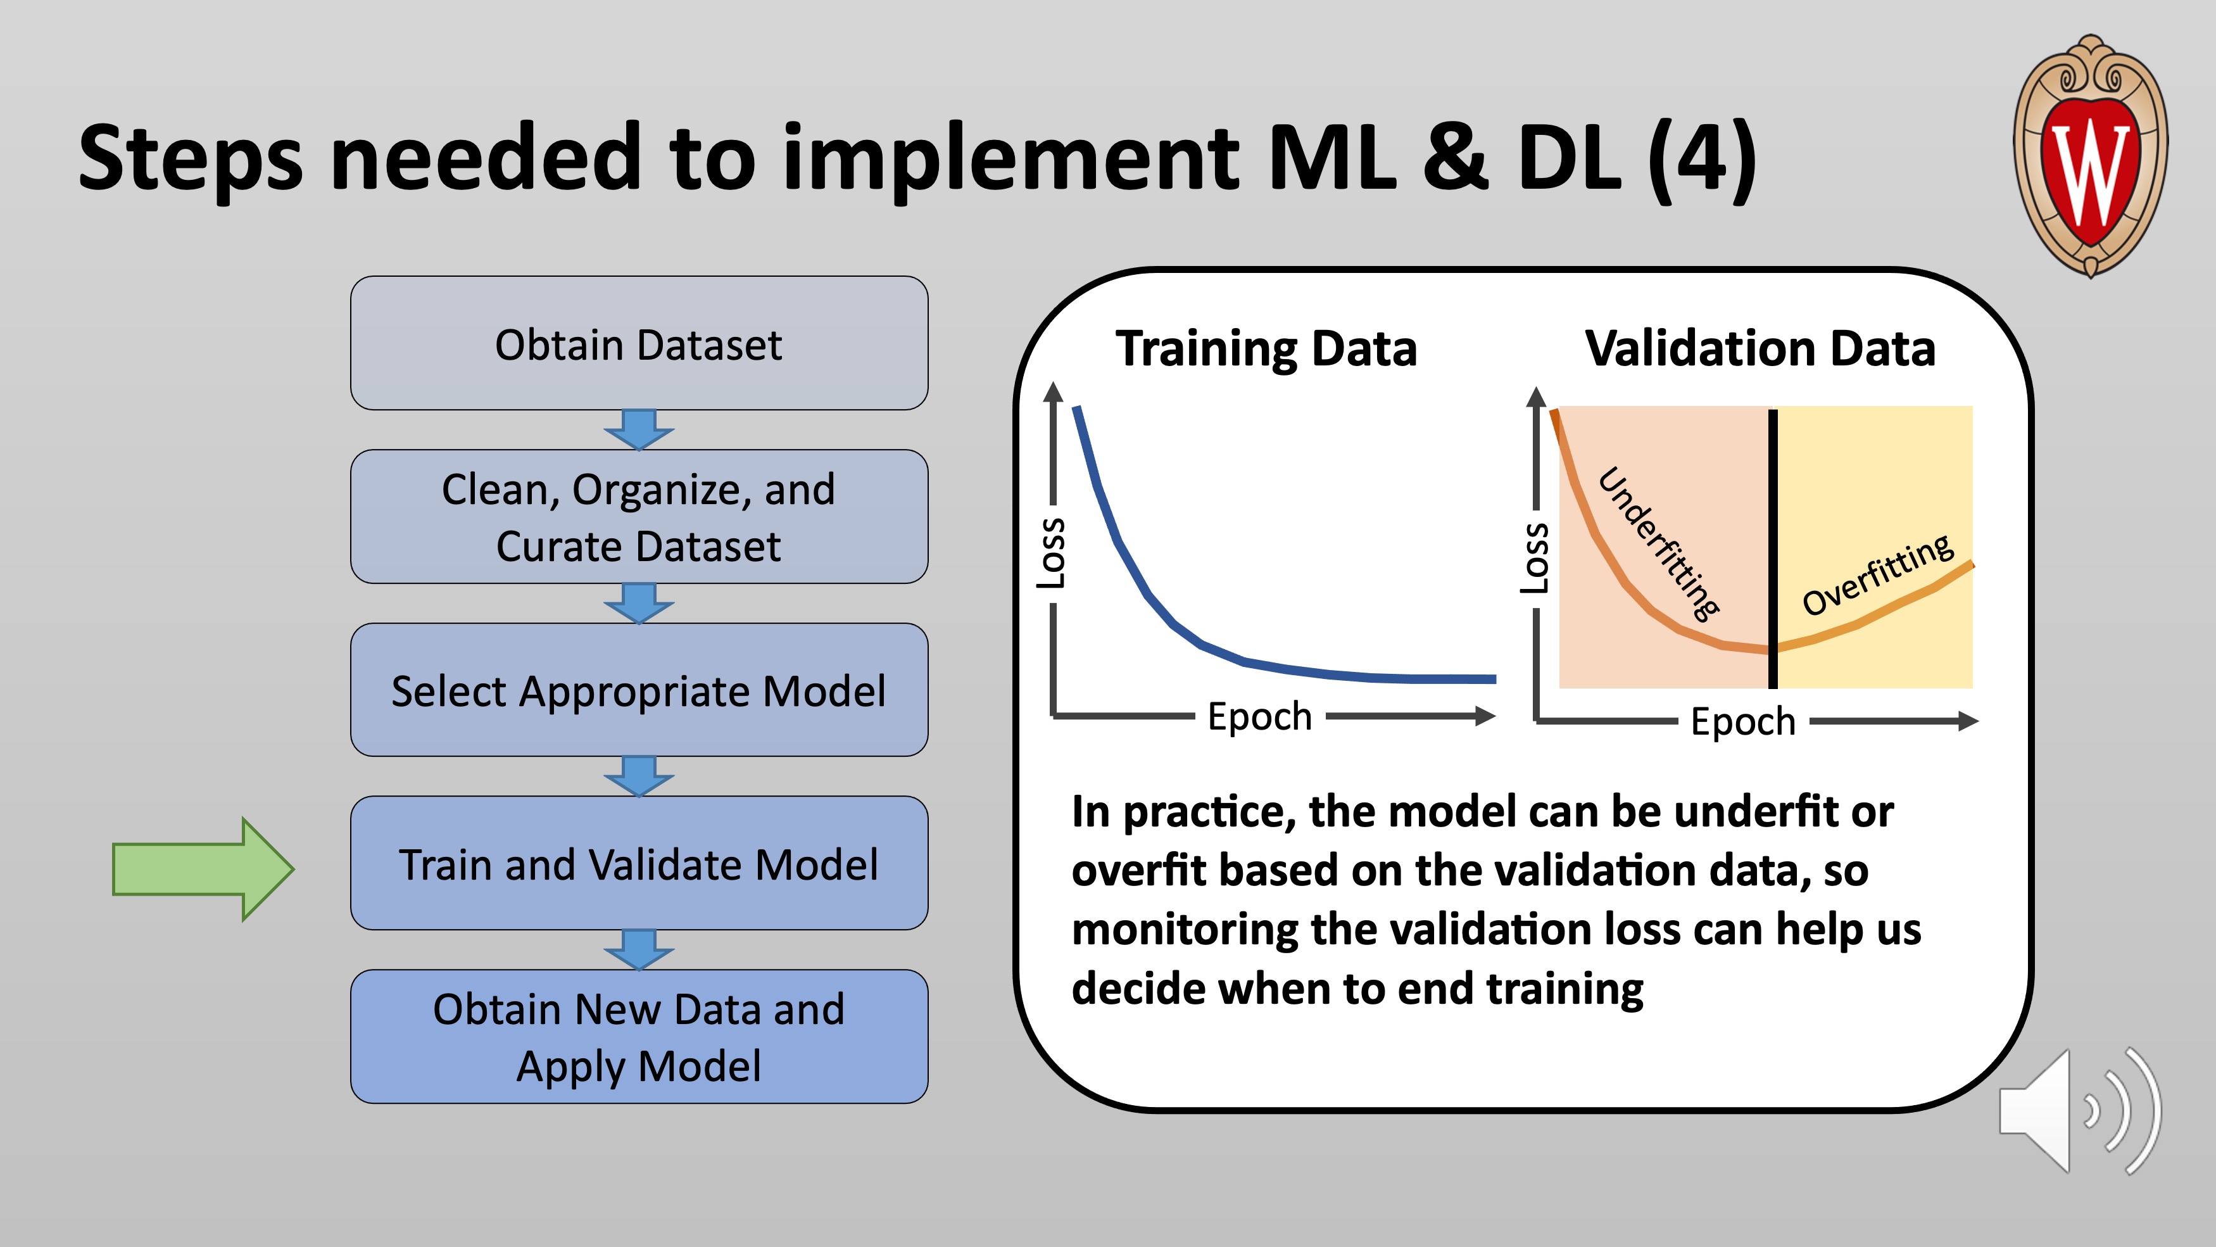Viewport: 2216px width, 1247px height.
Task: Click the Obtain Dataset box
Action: (639, 343)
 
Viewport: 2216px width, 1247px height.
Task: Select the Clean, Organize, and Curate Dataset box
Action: (639, 516)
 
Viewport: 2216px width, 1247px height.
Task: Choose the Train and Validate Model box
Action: (639, 863)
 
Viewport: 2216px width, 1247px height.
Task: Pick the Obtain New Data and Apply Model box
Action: (639, 1036)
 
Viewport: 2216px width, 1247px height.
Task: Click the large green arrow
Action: (204, 869)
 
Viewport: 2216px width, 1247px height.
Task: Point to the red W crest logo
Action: (2091, 156)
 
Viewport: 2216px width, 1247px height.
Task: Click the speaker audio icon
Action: (2080, 1111)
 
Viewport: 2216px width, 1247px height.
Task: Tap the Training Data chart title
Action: (1266, 348)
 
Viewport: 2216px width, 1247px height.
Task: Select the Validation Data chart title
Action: (1760, 348)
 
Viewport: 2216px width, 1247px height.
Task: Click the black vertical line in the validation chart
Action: (1773, 549)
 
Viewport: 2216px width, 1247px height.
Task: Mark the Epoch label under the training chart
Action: (1259, 717)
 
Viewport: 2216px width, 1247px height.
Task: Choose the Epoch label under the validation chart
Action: (1743, 721)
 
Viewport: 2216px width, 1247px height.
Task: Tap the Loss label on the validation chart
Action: (1535, 558)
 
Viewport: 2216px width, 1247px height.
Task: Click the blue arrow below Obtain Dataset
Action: (639, 429)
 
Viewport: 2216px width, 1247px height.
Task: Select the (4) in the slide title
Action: (1703, 158)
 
